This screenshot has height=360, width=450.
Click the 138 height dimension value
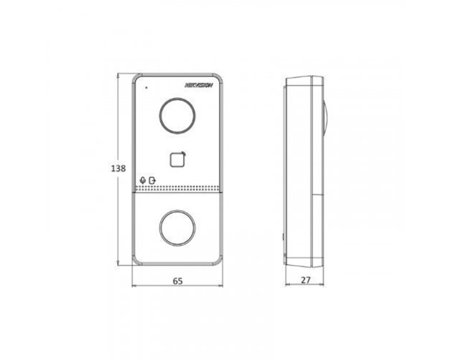click(x=118, y=168)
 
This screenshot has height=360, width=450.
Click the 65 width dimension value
click(x=178, y=281)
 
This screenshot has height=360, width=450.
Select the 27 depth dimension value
click(x=306, y=280)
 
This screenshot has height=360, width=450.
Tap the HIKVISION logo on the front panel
click(x=199, y=85)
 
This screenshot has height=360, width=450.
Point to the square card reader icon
click(x=178, y=160)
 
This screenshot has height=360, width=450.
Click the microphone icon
click(x=142, y=180)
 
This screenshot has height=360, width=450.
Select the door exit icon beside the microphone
click(x=152, y=180)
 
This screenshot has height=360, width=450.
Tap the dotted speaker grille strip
click(x=177, y=189)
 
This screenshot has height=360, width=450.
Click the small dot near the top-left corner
click(x=146, y=87)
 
